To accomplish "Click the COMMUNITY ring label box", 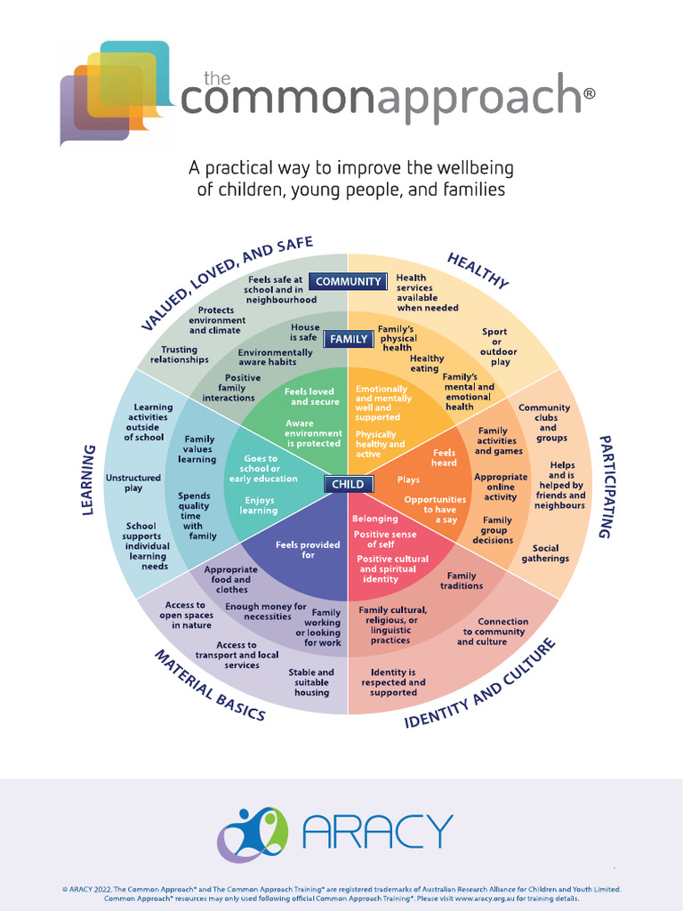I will tap(348, 282).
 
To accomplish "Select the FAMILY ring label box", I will tap(348, 339).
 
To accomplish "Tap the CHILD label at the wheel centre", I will tap(348, 484).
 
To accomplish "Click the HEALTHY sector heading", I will tap(478, 270).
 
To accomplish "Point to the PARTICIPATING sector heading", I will tap(605, 487).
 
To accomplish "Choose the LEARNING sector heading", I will tap(89, 480).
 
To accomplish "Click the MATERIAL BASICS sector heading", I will tap(210, 686).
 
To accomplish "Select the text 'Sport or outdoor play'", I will tap(494, 347).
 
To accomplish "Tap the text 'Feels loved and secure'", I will tap(310, 397).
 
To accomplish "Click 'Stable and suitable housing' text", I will tap(311, 682).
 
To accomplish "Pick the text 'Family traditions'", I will tap(462, 581).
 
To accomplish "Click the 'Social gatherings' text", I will tap(545, 553).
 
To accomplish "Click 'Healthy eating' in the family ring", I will tap(426, 363).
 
